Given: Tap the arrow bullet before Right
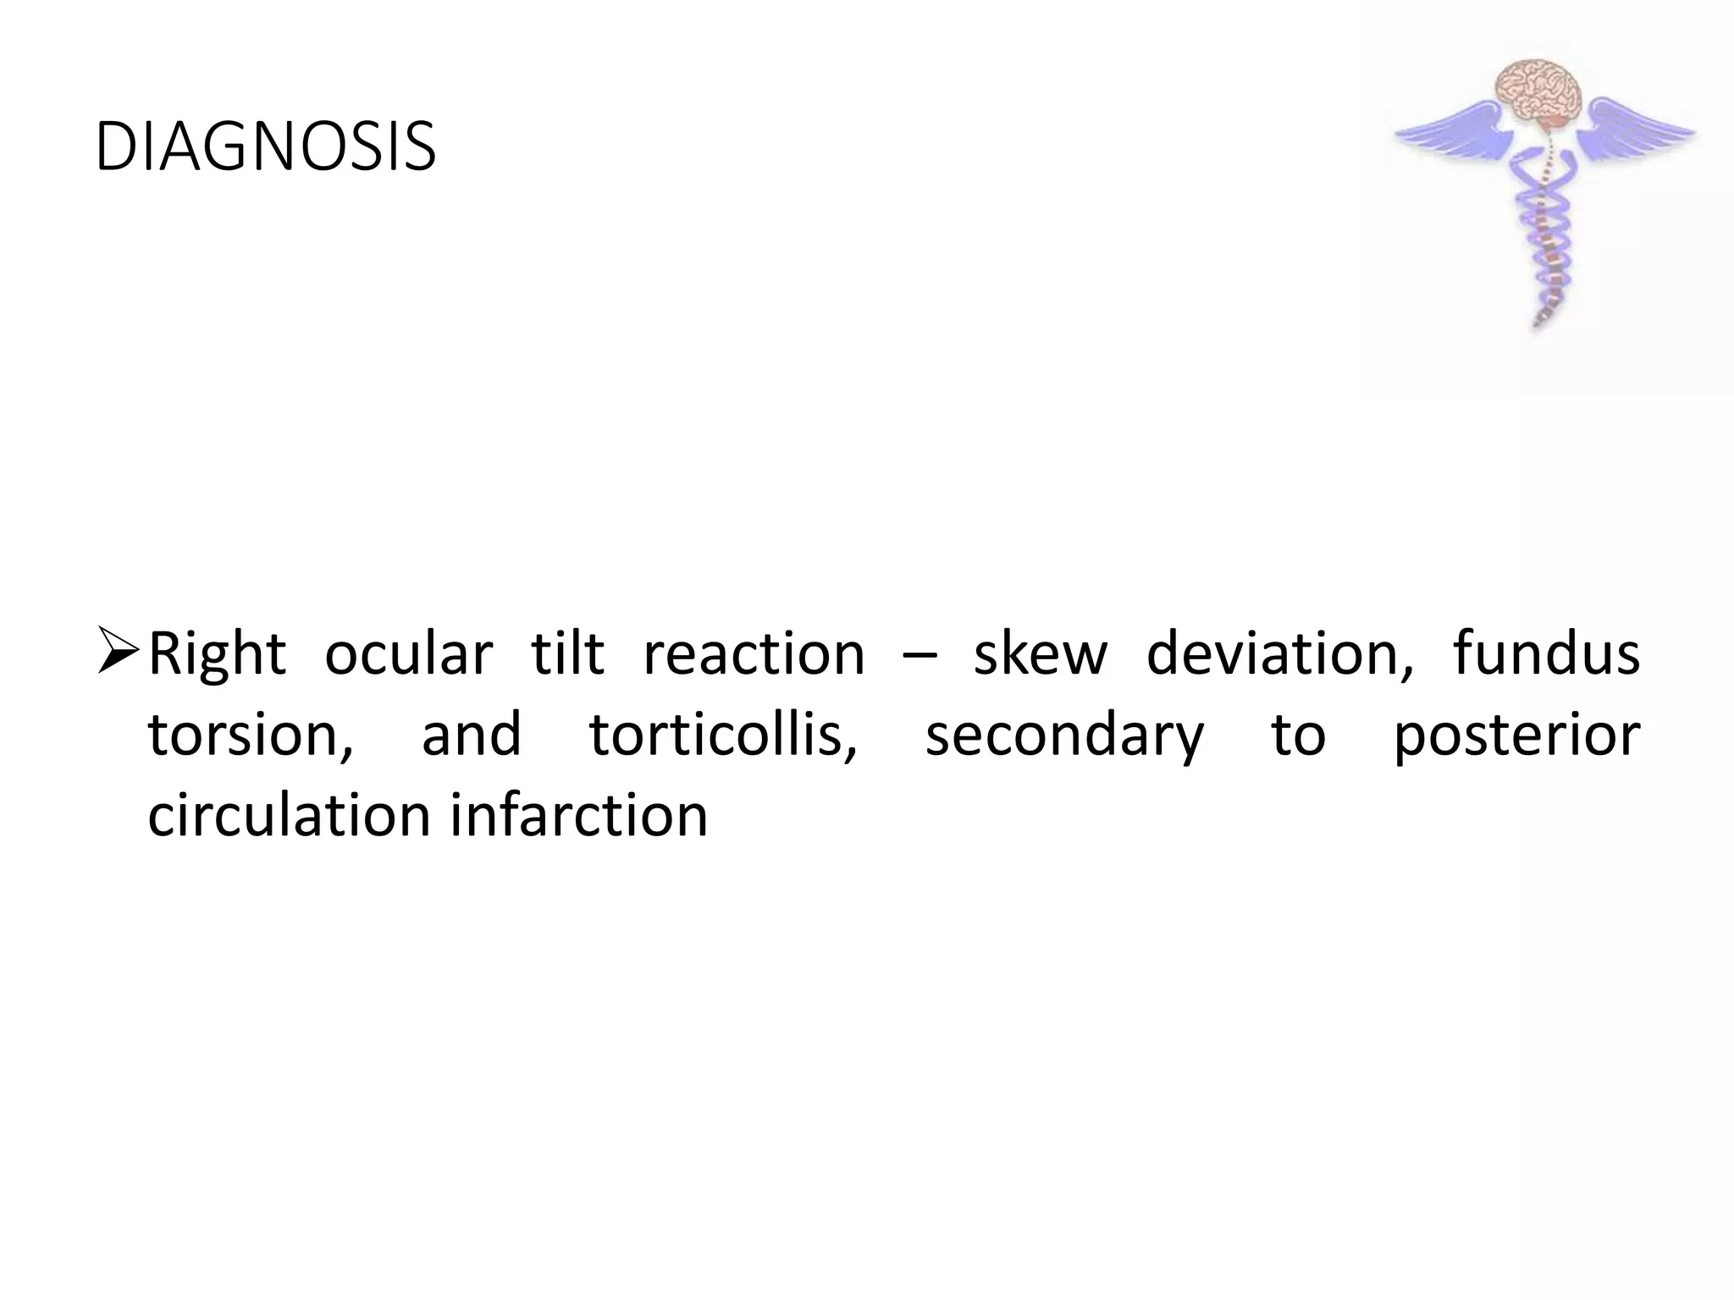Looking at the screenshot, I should coord(118,650).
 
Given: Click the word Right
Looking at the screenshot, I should coord(218,654).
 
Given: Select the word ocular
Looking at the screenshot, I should coord(408,654).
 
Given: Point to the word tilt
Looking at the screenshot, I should coord(567,654).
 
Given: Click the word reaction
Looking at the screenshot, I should coord(754,654).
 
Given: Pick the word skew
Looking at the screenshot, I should coord(1041,654).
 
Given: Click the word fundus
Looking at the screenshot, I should coord(1546,654).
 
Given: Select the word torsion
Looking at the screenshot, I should coord(251,735).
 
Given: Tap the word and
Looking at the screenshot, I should coord(471,735).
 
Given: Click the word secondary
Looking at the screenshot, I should coord(1064,735).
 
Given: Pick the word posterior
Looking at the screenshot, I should coord(1516,735).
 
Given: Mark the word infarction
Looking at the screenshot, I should coord(579,815).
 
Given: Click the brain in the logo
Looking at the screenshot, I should coord(1539,95).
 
